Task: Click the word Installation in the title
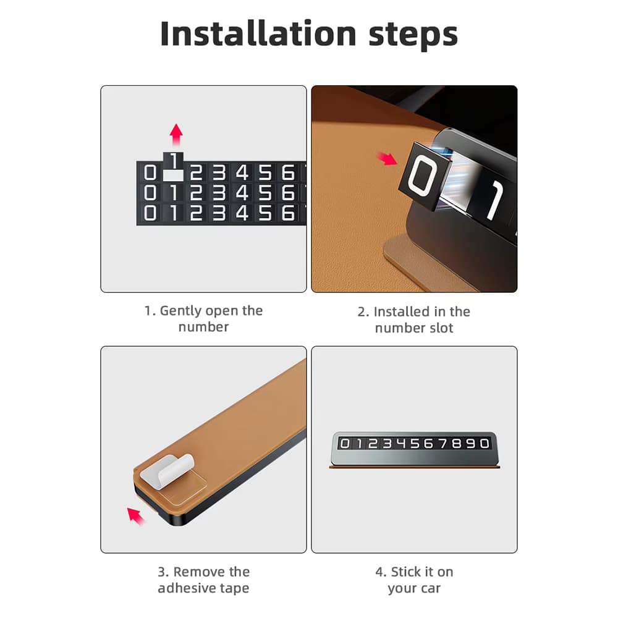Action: (258, 34)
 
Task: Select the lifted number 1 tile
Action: (174, 161)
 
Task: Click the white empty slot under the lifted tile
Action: (174, 176)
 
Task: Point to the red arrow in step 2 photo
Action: (387, 158)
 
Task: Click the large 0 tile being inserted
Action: (425, 176)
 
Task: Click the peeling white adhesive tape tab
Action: (167, 472)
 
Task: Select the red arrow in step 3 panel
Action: (136, 516)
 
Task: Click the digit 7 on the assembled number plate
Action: (442, 444)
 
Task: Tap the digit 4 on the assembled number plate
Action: (401, 444)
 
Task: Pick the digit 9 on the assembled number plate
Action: (470, 444)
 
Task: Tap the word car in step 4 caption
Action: (430, 589)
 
